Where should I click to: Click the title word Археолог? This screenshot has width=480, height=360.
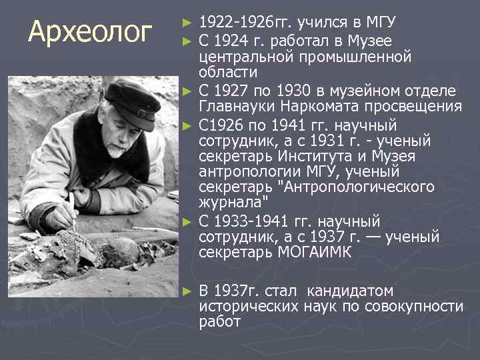coord(91,31)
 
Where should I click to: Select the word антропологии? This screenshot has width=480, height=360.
coord(243,172)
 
